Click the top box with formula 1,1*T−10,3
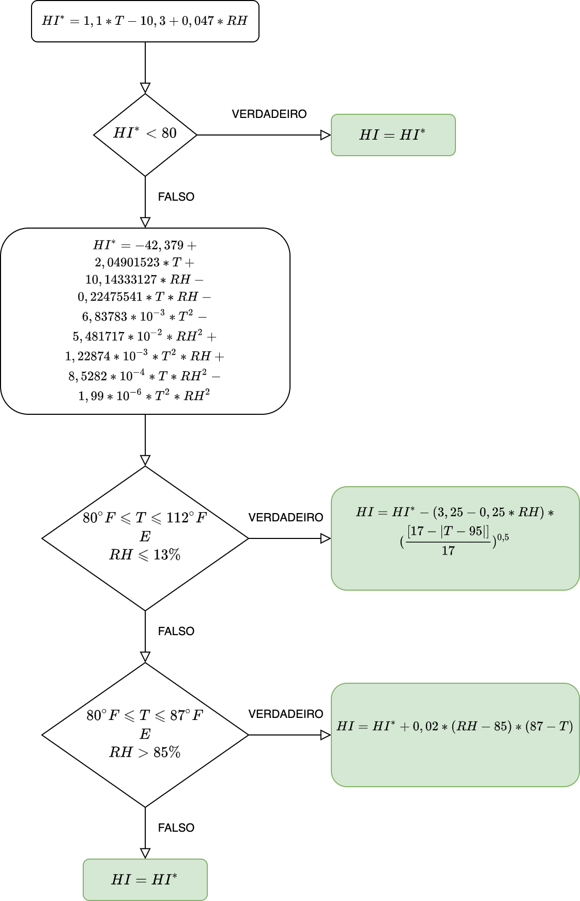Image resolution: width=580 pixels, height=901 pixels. coord(145,21)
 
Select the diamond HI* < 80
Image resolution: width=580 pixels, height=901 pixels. coord(145,134)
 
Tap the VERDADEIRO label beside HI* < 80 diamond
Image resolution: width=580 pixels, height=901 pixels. coord(269,114)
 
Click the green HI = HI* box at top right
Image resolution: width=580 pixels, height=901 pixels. coord(393,135)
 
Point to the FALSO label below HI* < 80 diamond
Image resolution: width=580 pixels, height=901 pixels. coord(176,197)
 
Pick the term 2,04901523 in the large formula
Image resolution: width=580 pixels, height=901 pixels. coord(127,262)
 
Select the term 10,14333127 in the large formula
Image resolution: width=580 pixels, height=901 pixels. coord(121,279)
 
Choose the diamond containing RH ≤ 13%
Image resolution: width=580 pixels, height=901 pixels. coord(145,538)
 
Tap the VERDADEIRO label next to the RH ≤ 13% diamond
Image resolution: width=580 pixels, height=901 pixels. coord(285,518)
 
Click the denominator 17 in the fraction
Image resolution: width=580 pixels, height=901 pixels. coord(448,551)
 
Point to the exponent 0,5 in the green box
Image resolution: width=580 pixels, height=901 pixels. coord(503,537)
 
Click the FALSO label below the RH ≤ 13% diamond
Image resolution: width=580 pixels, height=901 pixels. coord(176,632)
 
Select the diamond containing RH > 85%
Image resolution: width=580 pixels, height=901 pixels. coord(145,734)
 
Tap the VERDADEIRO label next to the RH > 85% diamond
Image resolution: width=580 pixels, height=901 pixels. coord(285,714)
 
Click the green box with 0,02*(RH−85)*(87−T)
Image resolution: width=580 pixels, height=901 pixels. coord(455,734)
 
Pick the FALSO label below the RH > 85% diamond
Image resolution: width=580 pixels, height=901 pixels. coord(176,828)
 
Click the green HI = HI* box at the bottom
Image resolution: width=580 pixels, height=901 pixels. coord(145,880)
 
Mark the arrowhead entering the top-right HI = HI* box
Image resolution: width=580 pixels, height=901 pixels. coord(326,135)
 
